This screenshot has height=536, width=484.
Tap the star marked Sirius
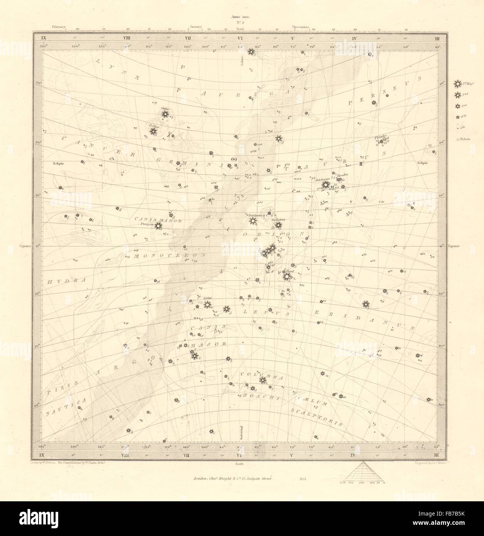click(207, 305)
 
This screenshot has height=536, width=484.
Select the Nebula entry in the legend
click(457, 139)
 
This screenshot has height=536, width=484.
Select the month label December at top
click(301, 27)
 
